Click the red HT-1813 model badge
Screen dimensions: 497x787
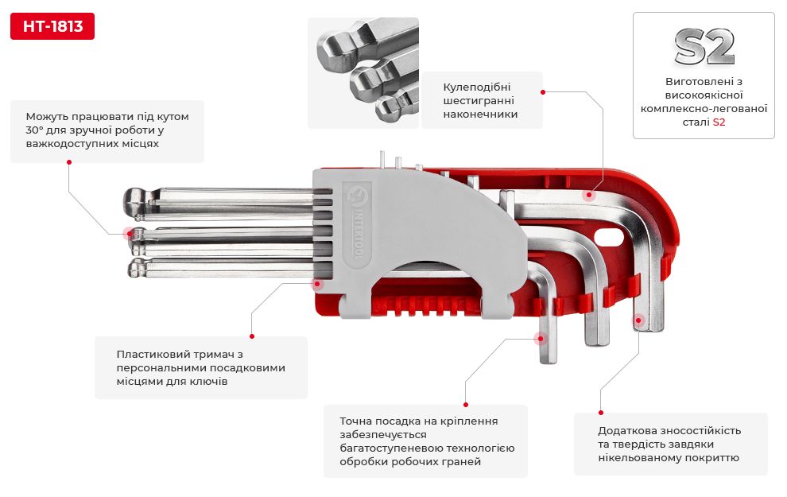[52, 26]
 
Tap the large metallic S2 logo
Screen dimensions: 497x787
[704, 48]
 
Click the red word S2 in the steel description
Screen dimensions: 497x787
[719, 122]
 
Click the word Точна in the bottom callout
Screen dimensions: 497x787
[355, 421]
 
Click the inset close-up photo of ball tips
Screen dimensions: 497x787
[362, 73]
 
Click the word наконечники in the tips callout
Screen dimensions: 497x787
[481, 115]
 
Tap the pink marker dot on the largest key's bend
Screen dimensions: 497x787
[590, 194]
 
